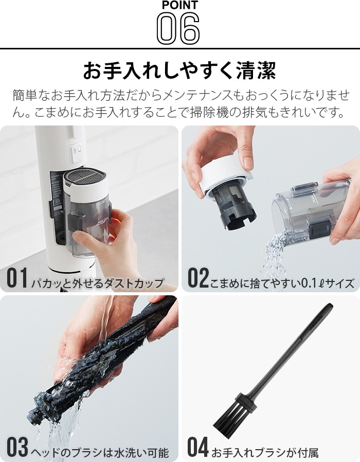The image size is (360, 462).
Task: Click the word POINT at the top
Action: click(179, 5)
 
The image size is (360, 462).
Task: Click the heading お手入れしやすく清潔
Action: click(179, 70)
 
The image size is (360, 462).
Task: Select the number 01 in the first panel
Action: click(17, 277)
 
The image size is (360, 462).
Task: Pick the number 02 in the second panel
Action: click(199, 277)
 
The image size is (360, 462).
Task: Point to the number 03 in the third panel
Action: click(17, 447)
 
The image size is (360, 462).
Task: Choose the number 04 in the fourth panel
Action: click(198, 447)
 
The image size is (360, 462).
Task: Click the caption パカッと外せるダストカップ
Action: click(97, 283)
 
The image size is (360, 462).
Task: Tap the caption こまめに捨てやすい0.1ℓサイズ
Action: click(282, 283)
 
